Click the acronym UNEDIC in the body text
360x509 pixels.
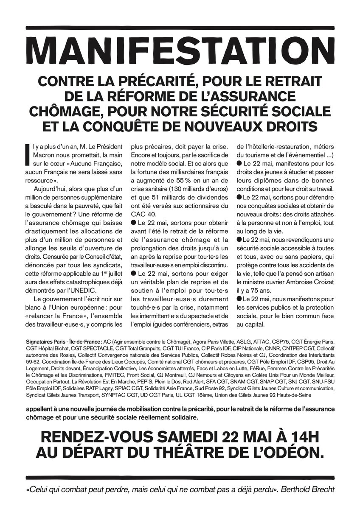tap(83, 290)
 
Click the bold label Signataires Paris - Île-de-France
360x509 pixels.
tap(64, 342)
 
